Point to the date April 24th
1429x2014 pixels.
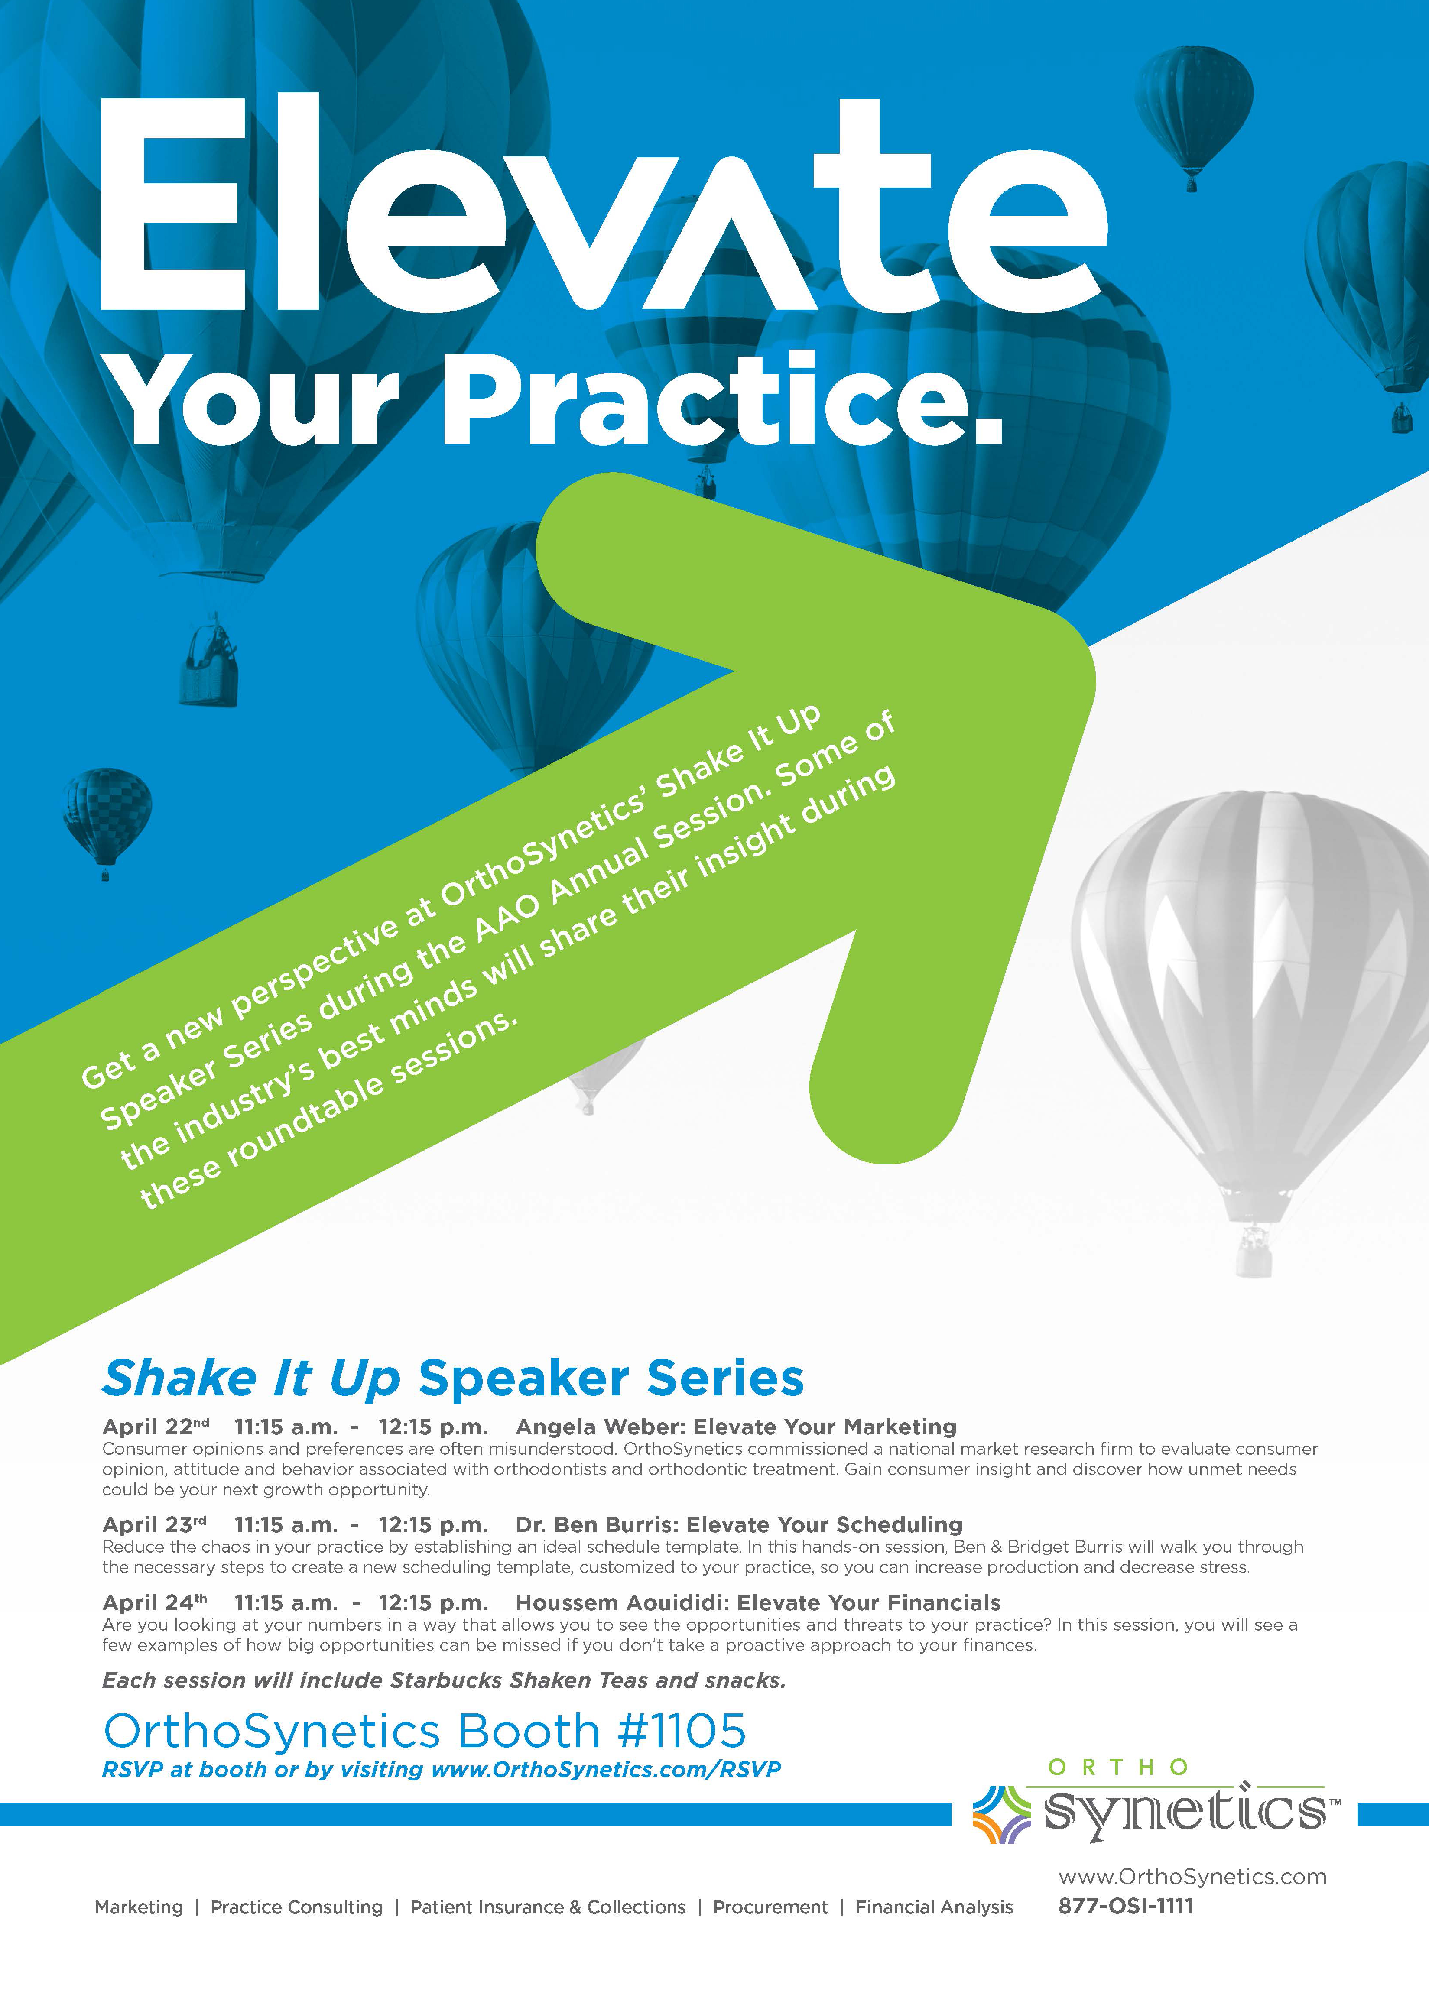[x=155, y=1602]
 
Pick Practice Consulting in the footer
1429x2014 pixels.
[x=296, y=1907]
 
